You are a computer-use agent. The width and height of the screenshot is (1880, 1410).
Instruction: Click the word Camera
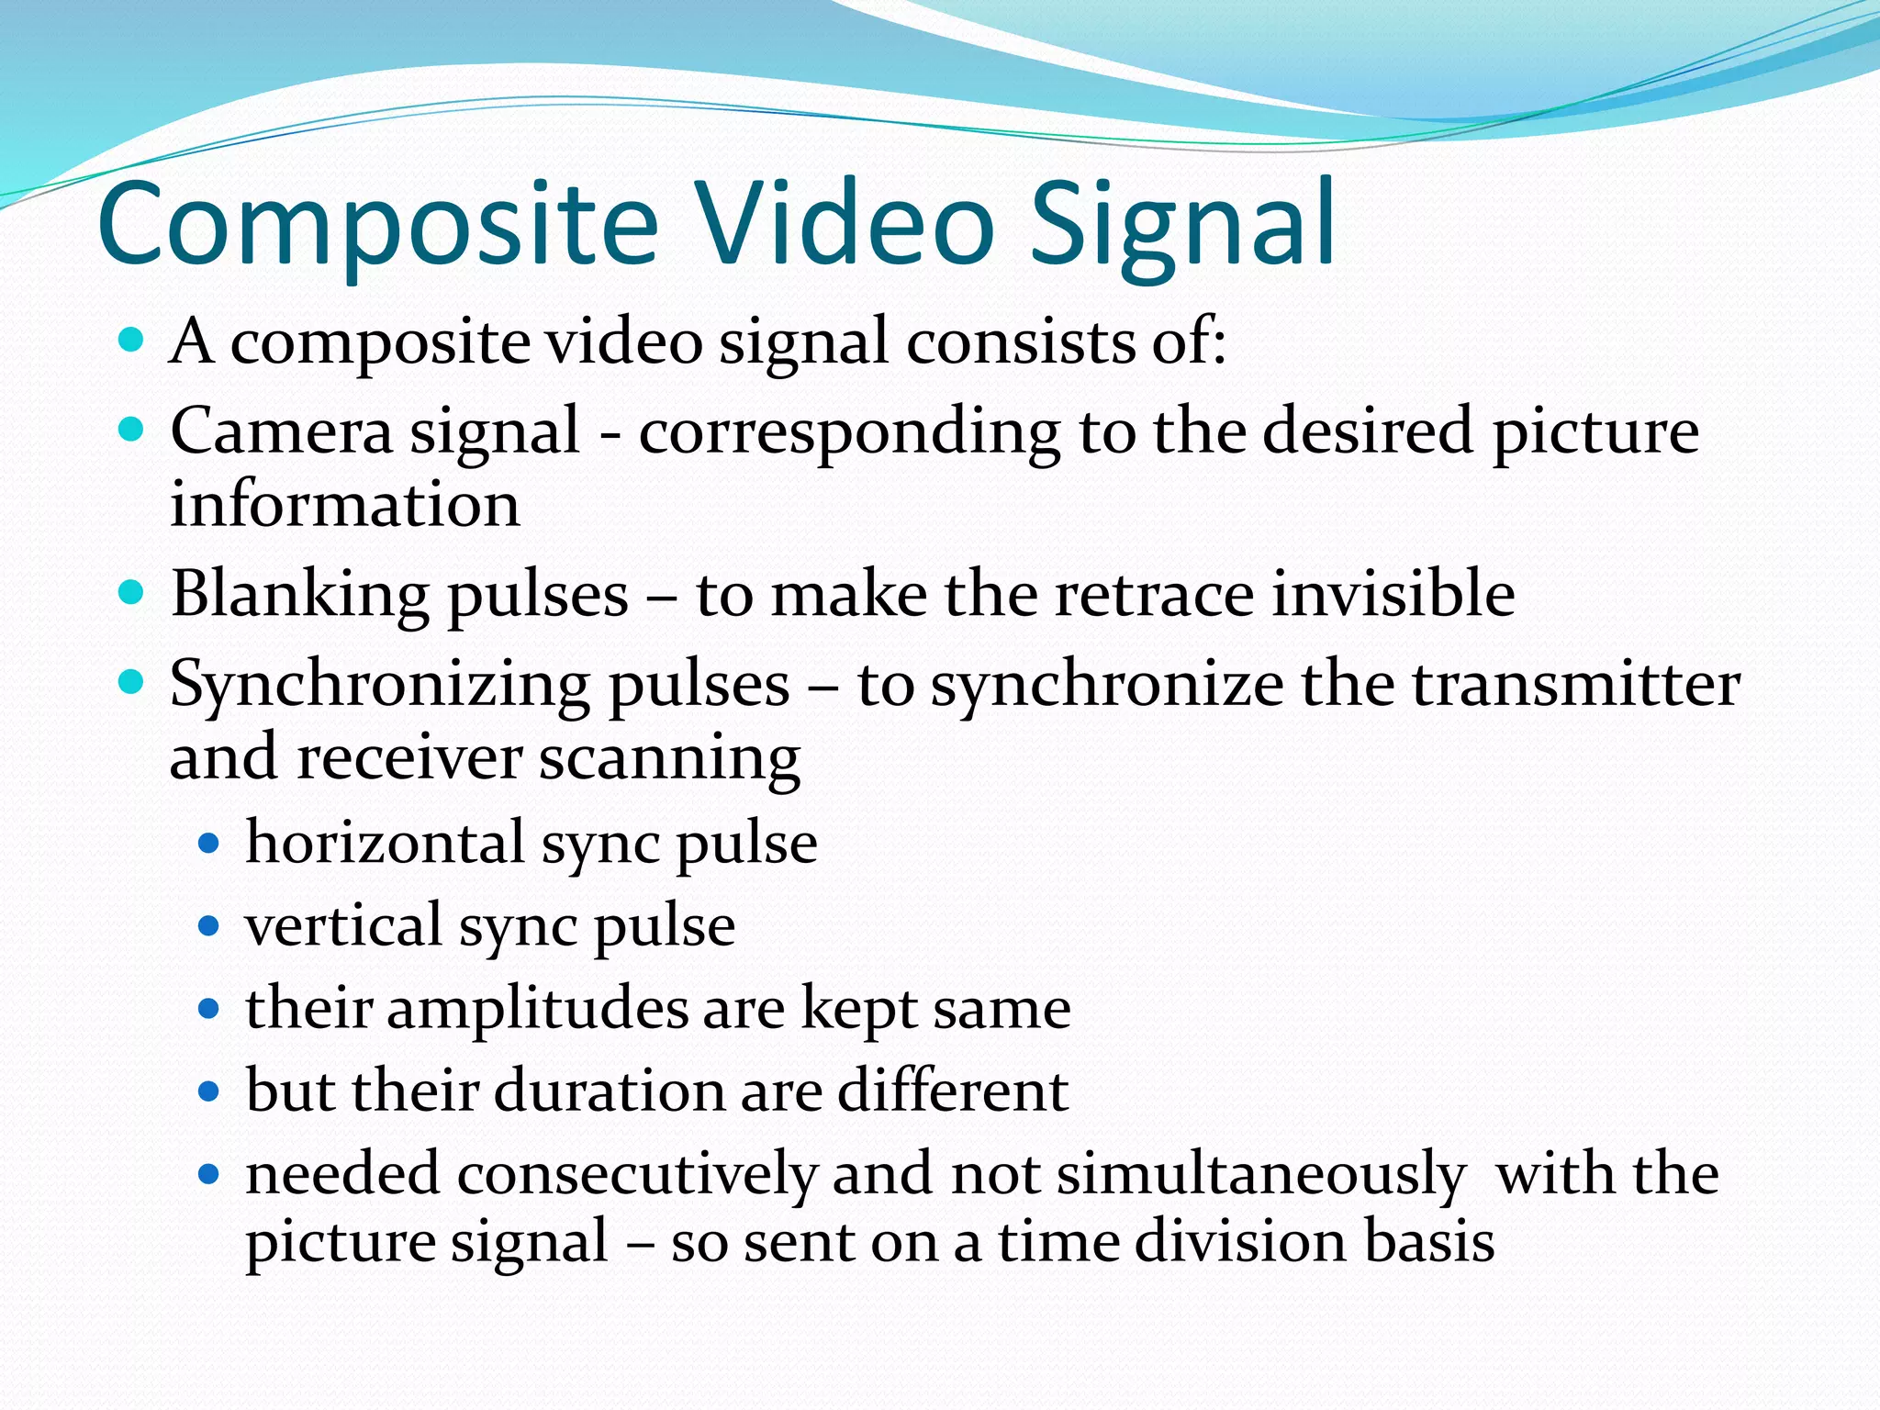click(281, 431)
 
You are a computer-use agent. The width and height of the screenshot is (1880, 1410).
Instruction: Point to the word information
click(345, 504)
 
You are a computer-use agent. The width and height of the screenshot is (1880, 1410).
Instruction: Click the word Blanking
click(299, 594)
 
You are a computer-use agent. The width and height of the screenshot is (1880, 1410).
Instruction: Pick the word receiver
click(409, 757)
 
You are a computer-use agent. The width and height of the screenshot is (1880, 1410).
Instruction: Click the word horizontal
click(384, 843)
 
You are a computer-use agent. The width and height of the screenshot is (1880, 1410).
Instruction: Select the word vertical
click(343, 925)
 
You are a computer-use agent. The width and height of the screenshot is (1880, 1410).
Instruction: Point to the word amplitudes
click(537, 1009)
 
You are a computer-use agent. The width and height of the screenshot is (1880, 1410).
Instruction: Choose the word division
click(1238, 1241)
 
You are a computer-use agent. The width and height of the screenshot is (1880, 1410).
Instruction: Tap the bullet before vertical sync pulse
click(209, 926)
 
